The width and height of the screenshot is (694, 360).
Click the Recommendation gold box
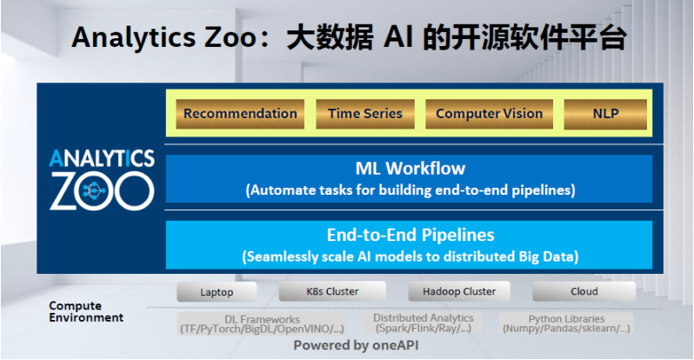(240, 114)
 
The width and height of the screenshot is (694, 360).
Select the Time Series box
(365, 114)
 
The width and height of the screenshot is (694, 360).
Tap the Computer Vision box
(489, 114)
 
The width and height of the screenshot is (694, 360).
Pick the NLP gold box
(605, 114)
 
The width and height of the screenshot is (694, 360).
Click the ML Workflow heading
(410, 169)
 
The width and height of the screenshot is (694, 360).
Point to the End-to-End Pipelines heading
(410, 235)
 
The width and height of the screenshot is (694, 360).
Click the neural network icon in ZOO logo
(93, 190)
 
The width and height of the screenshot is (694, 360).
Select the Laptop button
(217, 292)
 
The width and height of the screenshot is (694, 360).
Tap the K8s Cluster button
(332, 291)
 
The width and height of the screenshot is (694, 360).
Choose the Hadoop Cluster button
(459, 291)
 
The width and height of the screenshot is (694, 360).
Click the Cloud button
(584, 291)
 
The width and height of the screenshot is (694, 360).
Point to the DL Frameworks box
(262, 324)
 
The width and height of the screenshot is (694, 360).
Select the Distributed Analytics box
(424, 323)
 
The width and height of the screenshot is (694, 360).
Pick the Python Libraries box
(566, 323)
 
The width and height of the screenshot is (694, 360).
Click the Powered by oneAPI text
(356, 345)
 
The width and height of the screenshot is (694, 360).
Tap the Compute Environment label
(86, 311)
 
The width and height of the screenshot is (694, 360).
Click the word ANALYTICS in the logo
(102, 158)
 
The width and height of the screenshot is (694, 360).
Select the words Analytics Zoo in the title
(163, 37)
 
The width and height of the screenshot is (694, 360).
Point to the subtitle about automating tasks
(410, 190)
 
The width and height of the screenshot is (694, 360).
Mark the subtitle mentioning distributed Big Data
(410, 257)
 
